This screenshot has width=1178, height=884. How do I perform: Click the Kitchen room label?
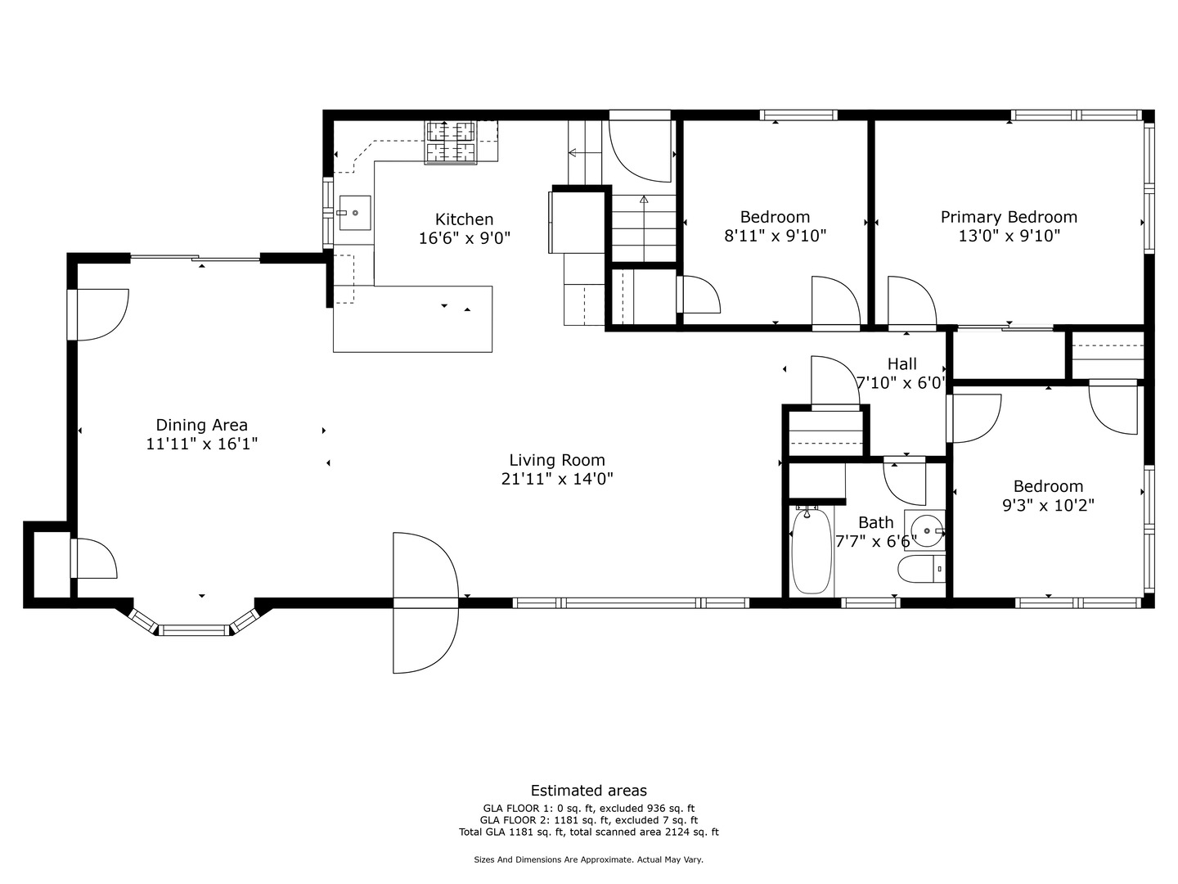(x=464, y=219)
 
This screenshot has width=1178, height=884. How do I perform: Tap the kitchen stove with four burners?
(x=451, y=142)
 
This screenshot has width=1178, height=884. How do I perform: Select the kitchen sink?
(x=355, y=213)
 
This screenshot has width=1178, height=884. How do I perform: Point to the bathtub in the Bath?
(x=812, y=551)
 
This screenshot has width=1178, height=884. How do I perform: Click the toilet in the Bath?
(x=921, y=569)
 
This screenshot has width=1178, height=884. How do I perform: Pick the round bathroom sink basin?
(x=927, y=531)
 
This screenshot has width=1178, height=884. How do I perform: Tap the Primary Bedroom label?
(x=1009, y=217)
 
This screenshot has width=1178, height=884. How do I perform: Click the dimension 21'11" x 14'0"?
(x=557, y=479)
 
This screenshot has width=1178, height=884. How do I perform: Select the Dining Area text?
(x=202, y=425)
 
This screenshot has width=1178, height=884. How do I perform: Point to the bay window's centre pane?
(x=194, y=630)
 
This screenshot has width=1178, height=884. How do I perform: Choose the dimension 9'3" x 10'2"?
(x=1048, y=505)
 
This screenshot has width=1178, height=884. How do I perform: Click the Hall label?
(x=901, y=364)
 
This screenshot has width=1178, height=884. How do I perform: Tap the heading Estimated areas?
(x=589, y=791)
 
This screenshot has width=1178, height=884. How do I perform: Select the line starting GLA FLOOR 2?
(x=589, y=820)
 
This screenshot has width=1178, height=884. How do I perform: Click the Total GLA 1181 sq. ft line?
(x=589, y=832)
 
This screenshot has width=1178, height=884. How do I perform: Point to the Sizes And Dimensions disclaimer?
(x=589, y=859)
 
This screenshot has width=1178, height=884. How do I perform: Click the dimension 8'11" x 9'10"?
(x=775, y=236)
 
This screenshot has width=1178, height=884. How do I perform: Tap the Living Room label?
(x=557, y=460)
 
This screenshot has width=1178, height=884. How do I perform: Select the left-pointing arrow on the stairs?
(x=585, y=153)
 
